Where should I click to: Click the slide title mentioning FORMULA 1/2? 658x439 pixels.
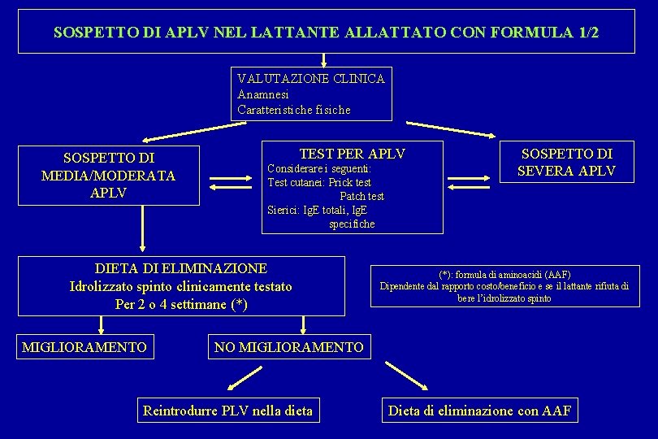click(326, 33)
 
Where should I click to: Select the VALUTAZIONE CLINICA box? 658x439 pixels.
click(311, 93)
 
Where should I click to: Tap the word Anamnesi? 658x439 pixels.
click(263, 94)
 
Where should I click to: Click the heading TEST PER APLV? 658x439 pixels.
click(352, 154)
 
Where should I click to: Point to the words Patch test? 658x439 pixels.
click(361, 196)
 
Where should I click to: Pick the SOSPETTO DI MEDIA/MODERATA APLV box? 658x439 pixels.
click(108, 175)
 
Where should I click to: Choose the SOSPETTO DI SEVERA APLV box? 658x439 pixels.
click(567, 162)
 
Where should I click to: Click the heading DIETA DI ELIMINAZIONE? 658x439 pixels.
click(180, 268)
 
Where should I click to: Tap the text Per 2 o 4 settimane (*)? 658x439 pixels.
click(181, 305)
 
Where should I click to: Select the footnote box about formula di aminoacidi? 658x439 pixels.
click(504, 286)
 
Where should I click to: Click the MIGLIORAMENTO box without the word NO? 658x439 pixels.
click(84, 348)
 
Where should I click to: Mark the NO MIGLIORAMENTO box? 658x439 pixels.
click(288, 348)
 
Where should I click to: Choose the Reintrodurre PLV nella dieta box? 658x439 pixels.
click(227, 411)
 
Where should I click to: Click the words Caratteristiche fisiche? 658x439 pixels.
click(294, 110)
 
